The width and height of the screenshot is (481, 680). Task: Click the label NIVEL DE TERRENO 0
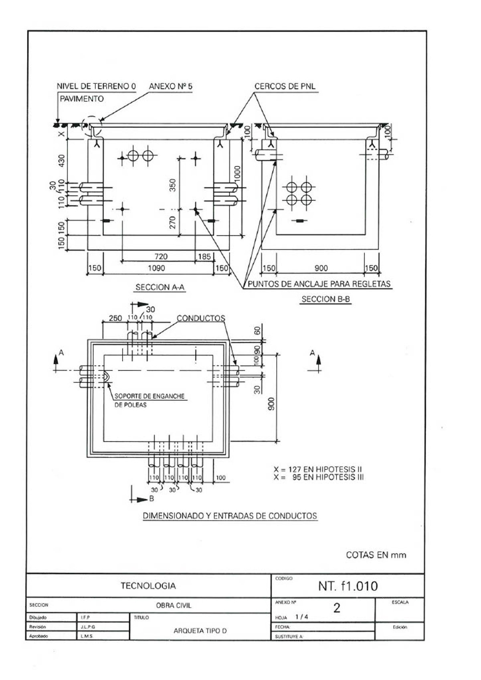pos(96,86)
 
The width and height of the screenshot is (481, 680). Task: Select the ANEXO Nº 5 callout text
pos(170,86)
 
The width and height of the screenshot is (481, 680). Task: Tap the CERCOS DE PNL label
pos(285,86)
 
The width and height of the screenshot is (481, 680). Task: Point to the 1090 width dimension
pos(156,268)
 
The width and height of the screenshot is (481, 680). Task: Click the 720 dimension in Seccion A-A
pos(161,256)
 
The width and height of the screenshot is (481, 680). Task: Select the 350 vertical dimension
pos(173,185)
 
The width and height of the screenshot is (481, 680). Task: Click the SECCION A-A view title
pos(160,287)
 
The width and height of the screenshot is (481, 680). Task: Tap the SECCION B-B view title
pos(326,299)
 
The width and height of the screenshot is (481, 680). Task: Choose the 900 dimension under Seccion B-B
pos(321,268)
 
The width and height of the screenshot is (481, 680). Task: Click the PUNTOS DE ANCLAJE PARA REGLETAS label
pos(319,284)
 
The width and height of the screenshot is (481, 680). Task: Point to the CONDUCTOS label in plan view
pos(201,318)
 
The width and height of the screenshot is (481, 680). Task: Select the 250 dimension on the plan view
pos(115,318)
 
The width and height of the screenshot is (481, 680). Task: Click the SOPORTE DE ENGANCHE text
pos(150,396)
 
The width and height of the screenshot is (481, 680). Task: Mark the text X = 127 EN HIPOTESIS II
pos(318,469)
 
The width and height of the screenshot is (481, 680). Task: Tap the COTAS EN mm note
pos(376,555)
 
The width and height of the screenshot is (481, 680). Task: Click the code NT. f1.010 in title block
pos(348,586)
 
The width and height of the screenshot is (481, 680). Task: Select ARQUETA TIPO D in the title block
pos(200,631)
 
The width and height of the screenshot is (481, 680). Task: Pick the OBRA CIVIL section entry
pos(174,605)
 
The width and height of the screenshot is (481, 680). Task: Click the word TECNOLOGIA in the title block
pos(148,586)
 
